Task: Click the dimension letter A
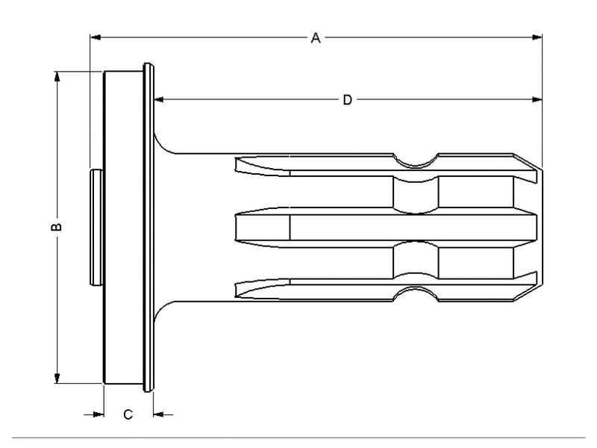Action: point(316,37)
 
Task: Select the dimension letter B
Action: point(57,227)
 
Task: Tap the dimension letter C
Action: point(128,414)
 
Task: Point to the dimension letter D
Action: point(347,99)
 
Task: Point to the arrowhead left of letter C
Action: point(98,413)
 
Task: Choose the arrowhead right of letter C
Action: point(157,413)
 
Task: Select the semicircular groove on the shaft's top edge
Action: point(416,161)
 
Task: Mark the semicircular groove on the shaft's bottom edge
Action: point(416,294)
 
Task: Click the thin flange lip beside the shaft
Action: point(149,227)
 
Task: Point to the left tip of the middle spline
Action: point(237,227)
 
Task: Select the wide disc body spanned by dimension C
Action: point(123,227)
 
